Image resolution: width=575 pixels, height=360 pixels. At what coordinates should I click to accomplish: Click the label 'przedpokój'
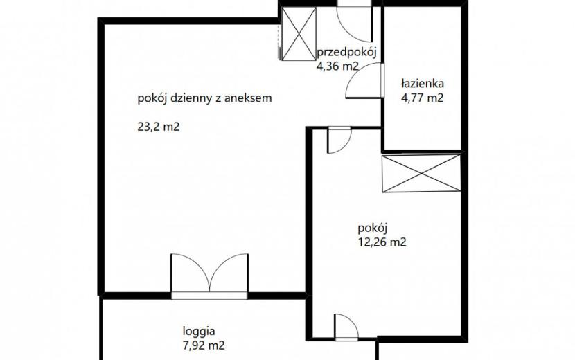346,53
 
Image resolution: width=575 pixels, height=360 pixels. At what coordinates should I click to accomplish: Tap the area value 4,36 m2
337,66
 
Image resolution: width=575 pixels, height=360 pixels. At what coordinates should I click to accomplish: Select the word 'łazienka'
422,84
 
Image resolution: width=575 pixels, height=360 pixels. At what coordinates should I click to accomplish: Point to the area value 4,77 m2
422,98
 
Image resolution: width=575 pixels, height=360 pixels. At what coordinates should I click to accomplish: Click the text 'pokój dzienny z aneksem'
204,98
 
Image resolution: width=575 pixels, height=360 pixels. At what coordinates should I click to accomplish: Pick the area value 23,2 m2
159,127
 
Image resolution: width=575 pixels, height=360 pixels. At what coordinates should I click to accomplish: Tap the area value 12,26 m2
382,242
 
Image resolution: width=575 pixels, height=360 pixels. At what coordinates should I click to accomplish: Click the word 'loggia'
199,332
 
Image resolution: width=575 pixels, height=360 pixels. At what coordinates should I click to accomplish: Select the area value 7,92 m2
204,345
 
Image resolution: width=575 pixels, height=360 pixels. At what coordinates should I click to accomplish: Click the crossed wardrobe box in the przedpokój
299,34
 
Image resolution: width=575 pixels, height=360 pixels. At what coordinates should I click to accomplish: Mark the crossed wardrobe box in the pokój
421,173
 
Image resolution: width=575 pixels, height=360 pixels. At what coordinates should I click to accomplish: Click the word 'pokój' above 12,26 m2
373,228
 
